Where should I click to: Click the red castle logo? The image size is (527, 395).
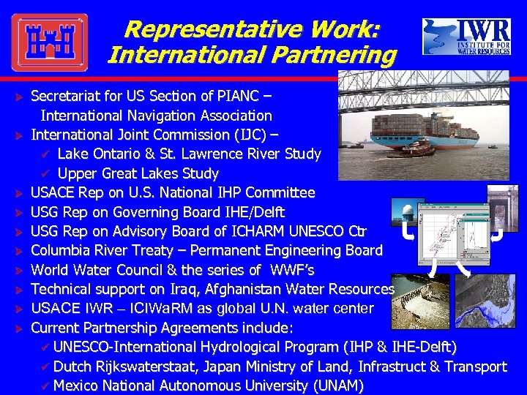(50, 42)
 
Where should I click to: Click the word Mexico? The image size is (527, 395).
(77, 385)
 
